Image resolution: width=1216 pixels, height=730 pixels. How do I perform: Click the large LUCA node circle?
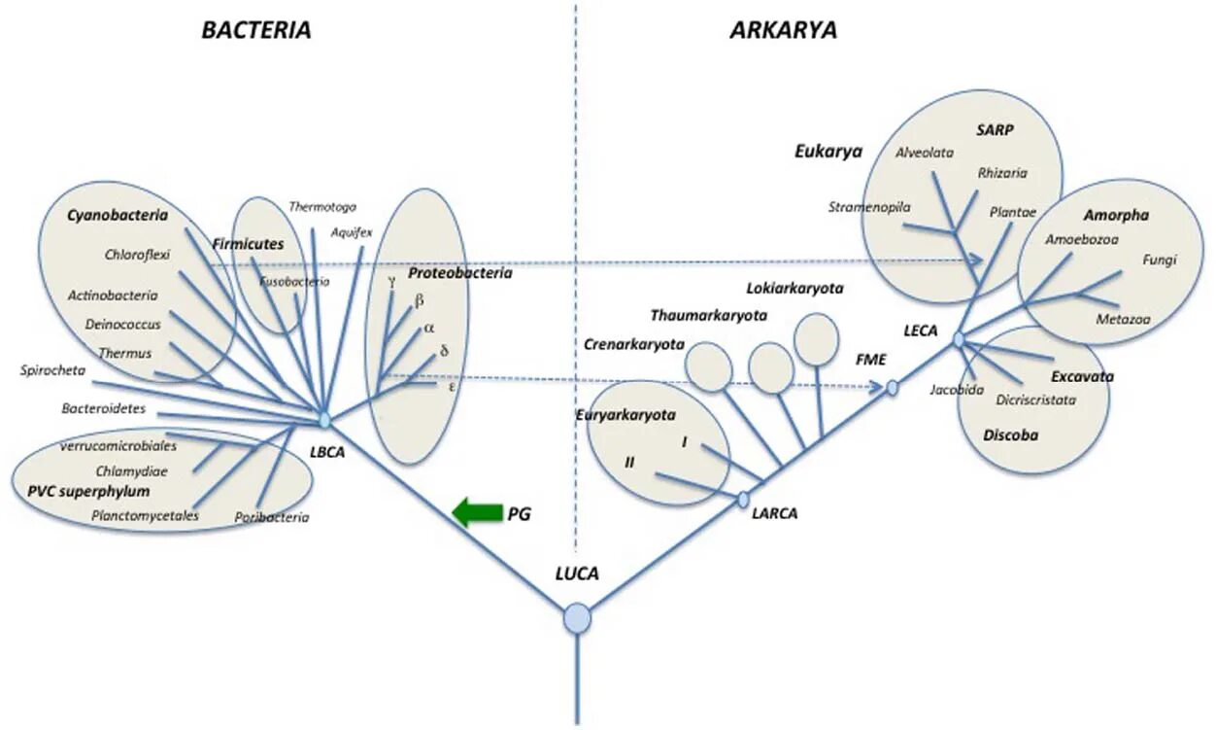(x=578, y=618)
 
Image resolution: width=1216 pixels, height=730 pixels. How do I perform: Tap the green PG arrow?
(x=477, y=512)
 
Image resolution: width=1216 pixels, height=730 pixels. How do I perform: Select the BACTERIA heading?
(x=256, y=30)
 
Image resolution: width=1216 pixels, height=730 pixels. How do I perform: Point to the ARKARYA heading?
(x=783, y=30)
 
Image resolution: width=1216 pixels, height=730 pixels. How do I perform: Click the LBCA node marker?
(x=324, y=420)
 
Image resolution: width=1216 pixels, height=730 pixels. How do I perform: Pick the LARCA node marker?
(x=744, y=500)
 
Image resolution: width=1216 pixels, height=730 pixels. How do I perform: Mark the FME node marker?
(x=893, y=388)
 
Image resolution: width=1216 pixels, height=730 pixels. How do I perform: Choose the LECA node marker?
(x=959, y=339)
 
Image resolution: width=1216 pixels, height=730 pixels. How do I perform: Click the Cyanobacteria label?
(x=118, y=215)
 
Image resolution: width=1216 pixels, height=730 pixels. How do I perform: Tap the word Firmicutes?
(x=248, y=244)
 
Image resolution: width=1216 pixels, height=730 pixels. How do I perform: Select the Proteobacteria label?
(x=459, y=273)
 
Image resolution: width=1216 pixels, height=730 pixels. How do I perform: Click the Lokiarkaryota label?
(x=794, y=289)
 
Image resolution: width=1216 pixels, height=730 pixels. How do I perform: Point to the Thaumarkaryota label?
(x=709, y=315)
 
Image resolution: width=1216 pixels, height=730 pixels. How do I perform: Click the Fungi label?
(x=1160, y=260)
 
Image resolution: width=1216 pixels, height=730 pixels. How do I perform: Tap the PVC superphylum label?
(x=83, y=491)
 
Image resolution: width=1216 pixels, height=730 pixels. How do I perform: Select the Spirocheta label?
(x=52, y=370)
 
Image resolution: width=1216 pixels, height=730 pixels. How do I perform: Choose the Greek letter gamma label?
(x=391, y=281)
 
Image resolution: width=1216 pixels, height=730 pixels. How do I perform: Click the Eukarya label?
(x=828, y=151)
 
